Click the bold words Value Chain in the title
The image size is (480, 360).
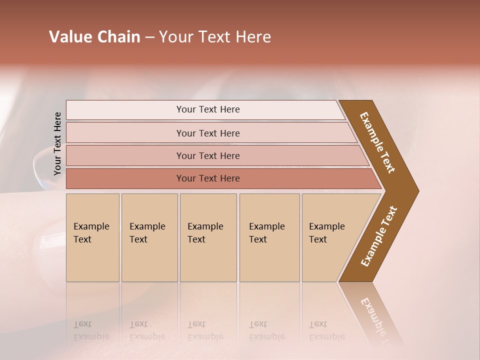click(x=94, y=37)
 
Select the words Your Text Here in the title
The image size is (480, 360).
click(x=215, y=37)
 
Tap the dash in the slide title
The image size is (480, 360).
click(x=149, y=37)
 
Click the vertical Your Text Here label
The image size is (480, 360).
click(x=57, y=143)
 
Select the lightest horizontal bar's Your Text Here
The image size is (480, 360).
click(x=208, y=109)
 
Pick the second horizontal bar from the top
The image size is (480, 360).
click(x=208, y=133)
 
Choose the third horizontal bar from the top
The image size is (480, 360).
click(x=208, y=155)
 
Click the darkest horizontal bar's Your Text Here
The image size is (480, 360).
click(x=208, y=178)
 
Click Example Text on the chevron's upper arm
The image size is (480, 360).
click(x=377, y=142)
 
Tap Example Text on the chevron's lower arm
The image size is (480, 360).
click(x=379, y=236)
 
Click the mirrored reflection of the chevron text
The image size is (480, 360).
click(x=376, y=317)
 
